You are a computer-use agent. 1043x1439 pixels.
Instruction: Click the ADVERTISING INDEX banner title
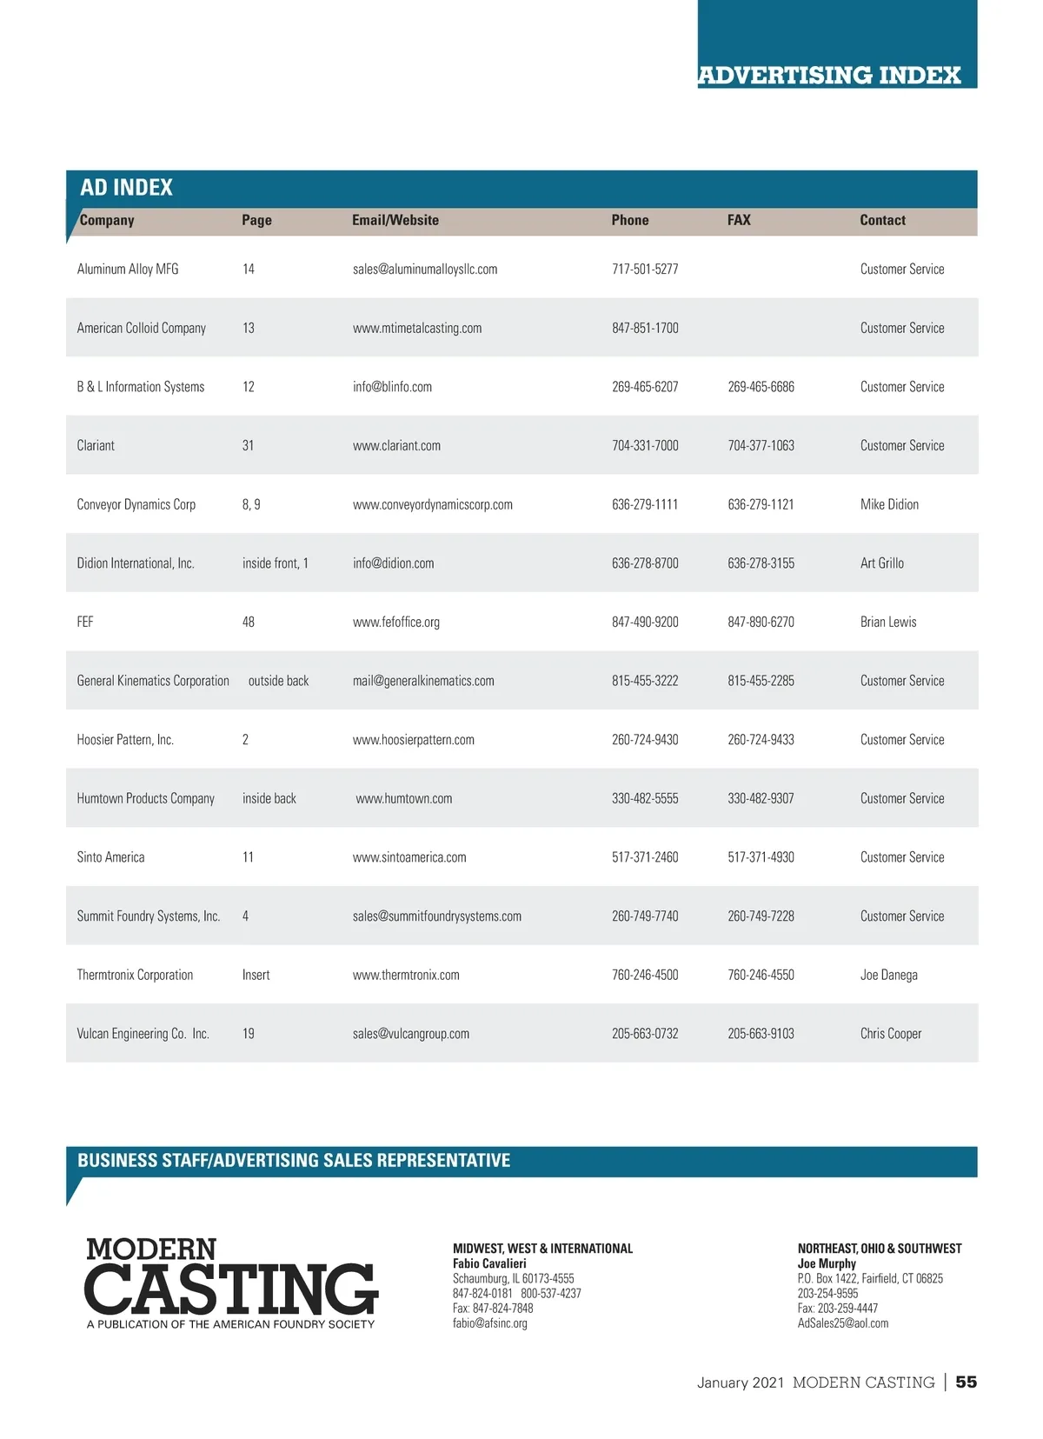pyautogui.click(x=829, y=76)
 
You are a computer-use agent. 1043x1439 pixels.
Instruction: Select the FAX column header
pyautogui.click(x=739, y=220)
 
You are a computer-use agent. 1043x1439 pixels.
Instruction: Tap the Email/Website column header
pyautogui.click(x=395, y=220)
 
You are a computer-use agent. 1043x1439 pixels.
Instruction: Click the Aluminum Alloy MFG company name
pyautogui.click(x=128, y=270)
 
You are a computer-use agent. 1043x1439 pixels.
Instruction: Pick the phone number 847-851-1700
pyautogui.click(x=645, y=328)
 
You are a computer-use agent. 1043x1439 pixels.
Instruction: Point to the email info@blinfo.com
pyautogui.click(x=392, y=387)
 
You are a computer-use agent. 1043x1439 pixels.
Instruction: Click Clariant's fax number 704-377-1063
pyautogui.click(x=761, y=445)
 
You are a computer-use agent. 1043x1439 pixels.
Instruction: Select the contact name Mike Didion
pyautogui.click(x=889, y=504)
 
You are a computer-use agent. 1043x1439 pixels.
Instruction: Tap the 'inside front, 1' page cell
pyautogui.click(x=275, y=563)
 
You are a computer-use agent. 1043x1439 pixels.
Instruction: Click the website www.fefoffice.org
pyautogui.click(x=396, y=622)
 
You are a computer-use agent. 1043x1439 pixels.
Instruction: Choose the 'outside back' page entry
pyautogui.click(x=278, y=681)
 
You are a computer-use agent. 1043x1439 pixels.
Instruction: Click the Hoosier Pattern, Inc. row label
pyautogui.click(x=125, y=740)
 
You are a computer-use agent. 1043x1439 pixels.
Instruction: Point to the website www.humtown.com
pyautogui.click(x=404, y=798)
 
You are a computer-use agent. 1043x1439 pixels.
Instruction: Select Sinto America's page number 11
pyautogui.click(x=248, y=857)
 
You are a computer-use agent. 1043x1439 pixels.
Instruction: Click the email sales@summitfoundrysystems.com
pyautogui.click(x=437, y=916)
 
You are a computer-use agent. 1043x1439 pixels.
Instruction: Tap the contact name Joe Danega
pyautogui.click(x=888, y=975)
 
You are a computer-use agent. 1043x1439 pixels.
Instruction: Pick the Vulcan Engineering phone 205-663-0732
pyautogui.click(x=645, y=1034)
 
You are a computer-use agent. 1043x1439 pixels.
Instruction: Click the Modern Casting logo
pyautogui.click(x=231, y=1282)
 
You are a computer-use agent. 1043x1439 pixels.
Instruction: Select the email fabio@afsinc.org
pyautogui.click(x=490, y=1323)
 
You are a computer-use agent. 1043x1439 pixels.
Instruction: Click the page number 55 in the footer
pyautogui.click(x=966, y=1382)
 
